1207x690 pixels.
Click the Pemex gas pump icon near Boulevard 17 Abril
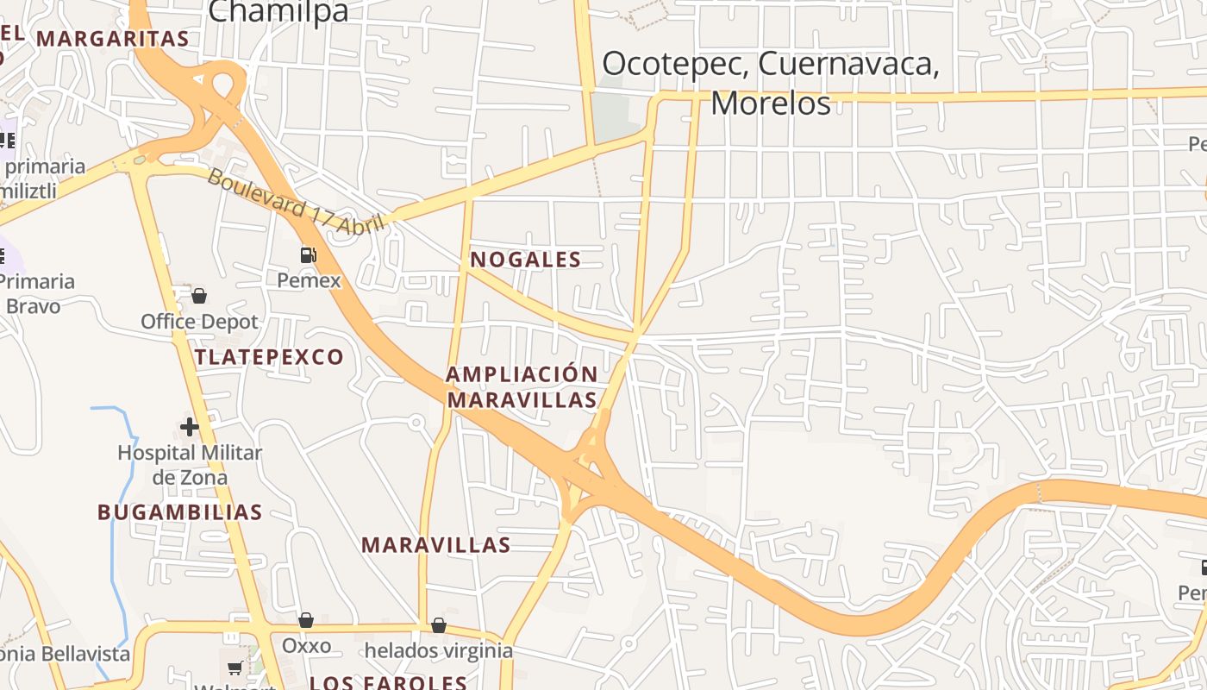coord(308,254)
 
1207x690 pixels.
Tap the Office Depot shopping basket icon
coord(199,296)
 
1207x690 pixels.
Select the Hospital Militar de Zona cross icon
coord(190,426)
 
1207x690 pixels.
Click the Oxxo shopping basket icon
coord(306,620)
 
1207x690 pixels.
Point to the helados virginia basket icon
coord(439,624)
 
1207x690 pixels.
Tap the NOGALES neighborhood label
coord(525,260)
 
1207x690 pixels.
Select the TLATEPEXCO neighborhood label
coord(269,357)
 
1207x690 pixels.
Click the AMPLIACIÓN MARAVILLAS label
coord(522,386)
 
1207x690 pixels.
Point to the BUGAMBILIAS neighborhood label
coord(179,512)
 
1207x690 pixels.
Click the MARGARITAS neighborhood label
coord(112,39)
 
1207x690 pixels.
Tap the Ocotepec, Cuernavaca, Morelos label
coord(770,83)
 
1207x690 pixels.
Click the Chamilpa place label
coord(278,11)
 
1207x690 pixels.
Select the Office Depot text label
coord(199,322)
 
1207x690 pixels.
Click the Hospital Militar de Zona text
coord(190,464)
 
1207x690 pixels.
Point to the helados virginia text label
coord(439,650)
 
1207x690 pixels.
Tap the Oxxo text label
coord(306,646)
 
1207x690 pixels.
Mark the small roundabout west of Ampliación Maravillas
coord(416,423)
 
